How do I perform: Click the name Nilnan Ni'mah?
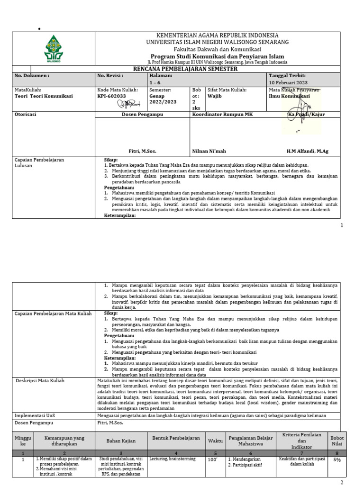tap(209, 151)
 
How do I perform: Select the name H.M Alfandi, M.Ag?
tap(307, 151)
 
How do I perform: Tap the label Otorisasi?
tap(26, 115)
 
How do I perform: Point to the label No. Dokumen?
tap(32, 76)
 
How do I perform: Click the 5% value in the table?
tap(337, 459)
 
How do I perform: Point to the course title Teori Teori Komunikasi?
tap(44, 96)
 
